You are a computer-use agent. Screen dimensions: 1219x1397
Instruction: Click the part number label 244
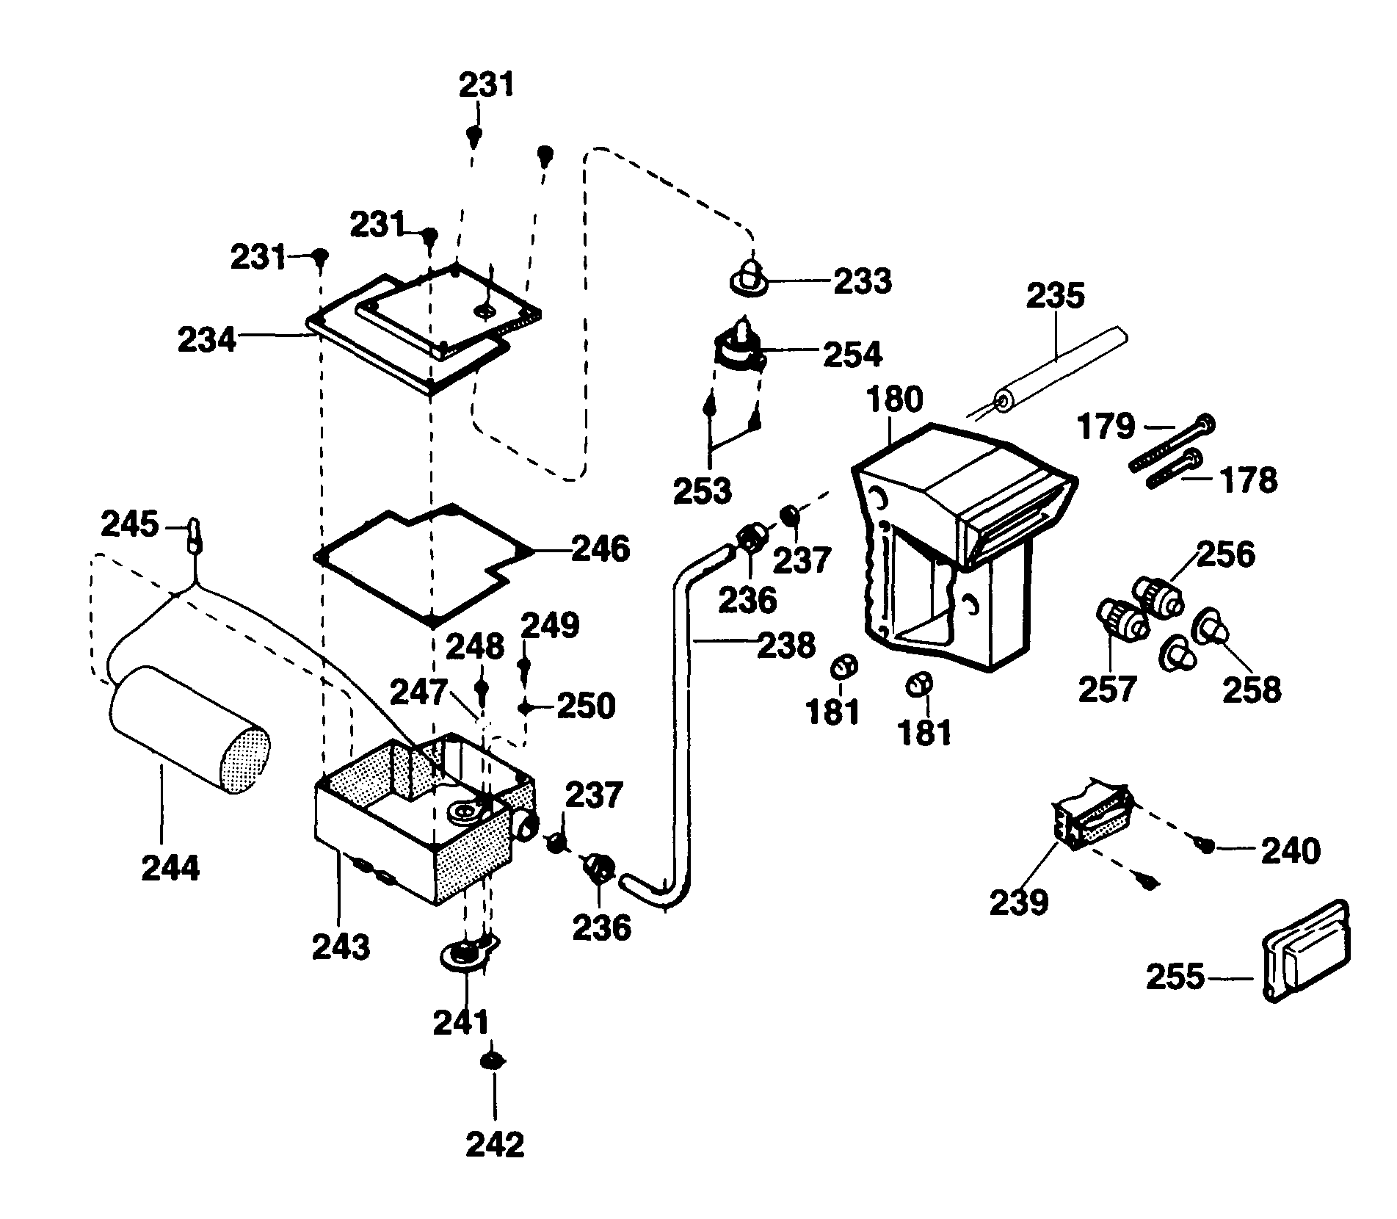click(170, 869)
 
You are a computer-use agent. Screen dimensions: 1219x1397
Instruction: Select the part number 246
click(600, 549)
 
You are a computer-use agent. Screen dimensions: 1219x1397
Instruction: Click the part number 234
click(207, 340)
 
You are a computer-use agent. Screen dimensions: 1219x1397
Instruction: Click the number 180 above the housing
click(894, 400)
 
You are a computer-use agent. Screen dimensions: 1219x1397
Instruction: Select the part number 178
click(1249, 480)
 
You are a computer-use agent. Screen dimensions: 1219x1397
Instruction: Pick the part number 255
click(1175, 977)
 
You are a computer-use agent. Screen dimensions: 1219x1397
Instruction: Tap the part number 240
click(1291, 851)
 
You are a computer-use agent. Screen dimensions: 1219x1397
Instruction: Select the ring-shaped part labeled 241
click(465, 955)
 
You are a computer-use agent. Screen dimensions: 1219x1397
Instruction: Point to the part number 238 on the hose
click(786, 645)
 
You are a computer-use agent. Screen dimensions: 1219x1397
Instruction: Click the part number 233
click(863, 281)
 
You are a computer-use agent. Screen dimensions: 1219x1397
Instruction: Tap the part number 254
click(852, 355)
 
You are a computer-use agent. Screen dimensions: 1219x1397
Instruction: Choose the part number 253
click(703, 491)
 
